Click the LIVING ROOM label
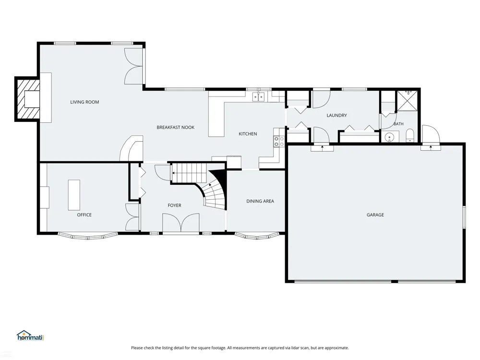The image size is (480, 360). (x=84, y=102)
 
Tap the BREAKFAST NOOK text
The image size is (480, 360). (x=175, y=127)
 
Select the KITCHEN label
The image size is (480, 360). (x=248, y=134)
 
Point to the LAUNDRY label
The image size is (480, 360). (x=337, y=115)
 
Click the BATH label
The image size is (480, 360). (x=398, y=124)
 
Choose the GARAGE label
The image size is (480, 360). (x=375, y=215)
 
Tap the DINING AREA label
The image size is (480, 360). (x=260, y=201)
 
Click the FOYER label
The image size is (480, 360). (x=175, y=205)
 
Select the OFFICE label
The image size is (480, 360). (x=84, y=215)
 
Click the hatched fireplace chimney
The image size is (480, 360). (x=27, y=99)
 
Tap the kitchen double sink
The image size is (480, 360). (x=259, y=97)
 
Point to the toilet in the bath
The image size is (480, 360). (x=410, y=136)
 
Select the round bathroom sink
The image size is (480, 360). (x=390, y=137)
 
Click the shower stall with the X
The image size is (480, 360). (x=407, y=100)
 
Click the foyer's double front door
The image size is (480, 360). (x=181, y=223)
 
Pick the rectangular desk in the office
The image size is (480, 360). (x=74, y=195)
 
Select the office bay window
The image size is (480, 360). (x=87, y=236)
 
